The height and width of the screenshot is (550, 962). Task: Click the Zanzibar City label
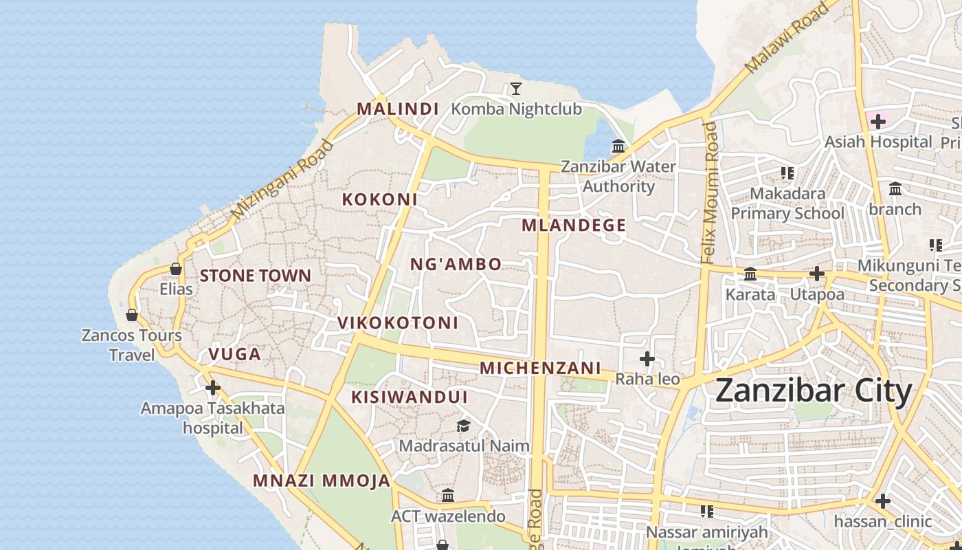pos(814,391)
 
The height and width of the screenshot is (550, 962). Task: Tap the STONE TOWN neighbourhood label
pos(256,276)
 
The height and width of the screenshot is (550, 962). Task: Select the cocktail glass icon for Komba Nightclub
pos(516,89)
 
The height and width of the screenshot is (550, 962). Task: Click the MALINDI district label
pos(398,109)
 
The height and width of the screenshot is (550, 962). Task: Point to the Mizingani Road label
pos(282,180)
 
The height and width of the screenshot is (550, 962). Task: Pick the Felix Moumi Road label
pos(710,192)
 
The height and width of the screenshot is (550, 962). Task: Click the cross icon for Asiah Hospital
pos(877,122)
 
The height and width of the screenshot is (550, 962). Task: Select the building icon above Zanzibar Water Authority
pos(618,146)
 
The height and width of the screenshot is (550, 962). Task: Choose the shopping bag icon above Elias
pos(176,269)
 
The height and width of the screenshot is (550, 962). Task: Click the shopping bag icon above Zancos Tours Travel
pos(132,316)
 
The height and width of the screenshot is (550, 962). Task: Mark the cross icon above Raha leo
pos(647,359)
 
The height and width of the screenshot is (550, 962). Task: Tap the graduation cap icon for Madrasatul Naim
pos(464,426)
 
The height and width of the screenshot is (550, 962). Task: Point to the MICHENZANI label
pos(540,368)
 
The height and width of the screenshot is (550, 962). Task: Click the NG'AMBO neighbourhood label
pos(456,265)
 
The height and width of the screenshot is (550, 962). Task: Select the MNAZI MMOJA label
pos(322,481)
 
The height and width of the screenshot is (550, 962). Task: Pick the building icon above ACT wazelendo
pos(448,496)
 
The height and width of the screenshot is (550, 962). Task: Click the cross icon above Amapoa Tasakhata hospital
pos(213,388)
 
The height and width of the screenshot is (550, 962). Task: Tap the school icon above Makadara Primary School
pos(787,173)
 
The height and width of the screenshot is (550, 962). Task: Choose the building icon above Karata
pos(750,274)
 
